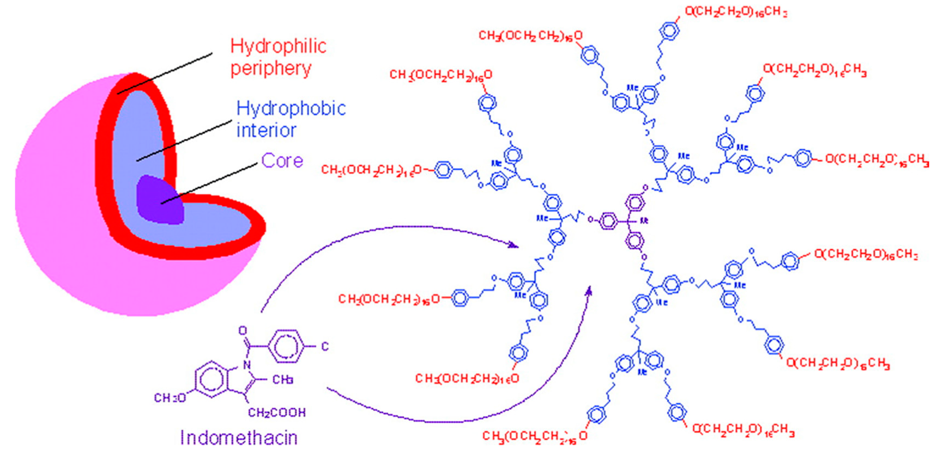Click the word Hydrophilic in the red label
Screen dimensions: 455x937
click(x=278, y=46)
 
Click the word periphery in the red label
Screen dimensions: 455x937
click(x=271, y=69)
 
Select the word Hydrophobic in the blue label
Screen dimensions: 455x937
click(x=291, y=108)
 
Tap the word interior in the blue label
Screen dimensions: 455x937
click(x=266, y=131)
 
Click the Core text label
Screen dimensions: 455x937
click(x=282, y=161)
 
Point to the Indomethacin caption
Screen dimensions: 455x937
click(x=239, y=438)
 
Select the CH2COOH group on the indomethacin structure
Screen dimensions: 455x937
click(x=276, y=413)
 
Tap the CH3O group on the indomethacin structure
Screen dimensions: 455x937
click(x=170, y=398)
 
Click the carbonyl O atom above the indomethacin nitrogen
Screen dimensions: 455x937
click(x=243, y=330)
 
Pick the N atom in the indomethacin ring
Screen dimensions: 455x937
click(x=247, y=365)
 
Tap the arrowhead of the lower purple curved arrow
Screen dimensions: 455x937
click(x=588, y=292)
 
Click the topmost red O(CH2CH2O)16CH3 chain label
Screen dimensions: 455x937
click(x=735, y=12)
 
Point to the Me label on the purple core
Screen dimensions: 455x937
click(x=644, y=220)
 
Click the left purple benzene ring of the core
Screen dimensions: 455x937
click(x=608, y=221)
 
